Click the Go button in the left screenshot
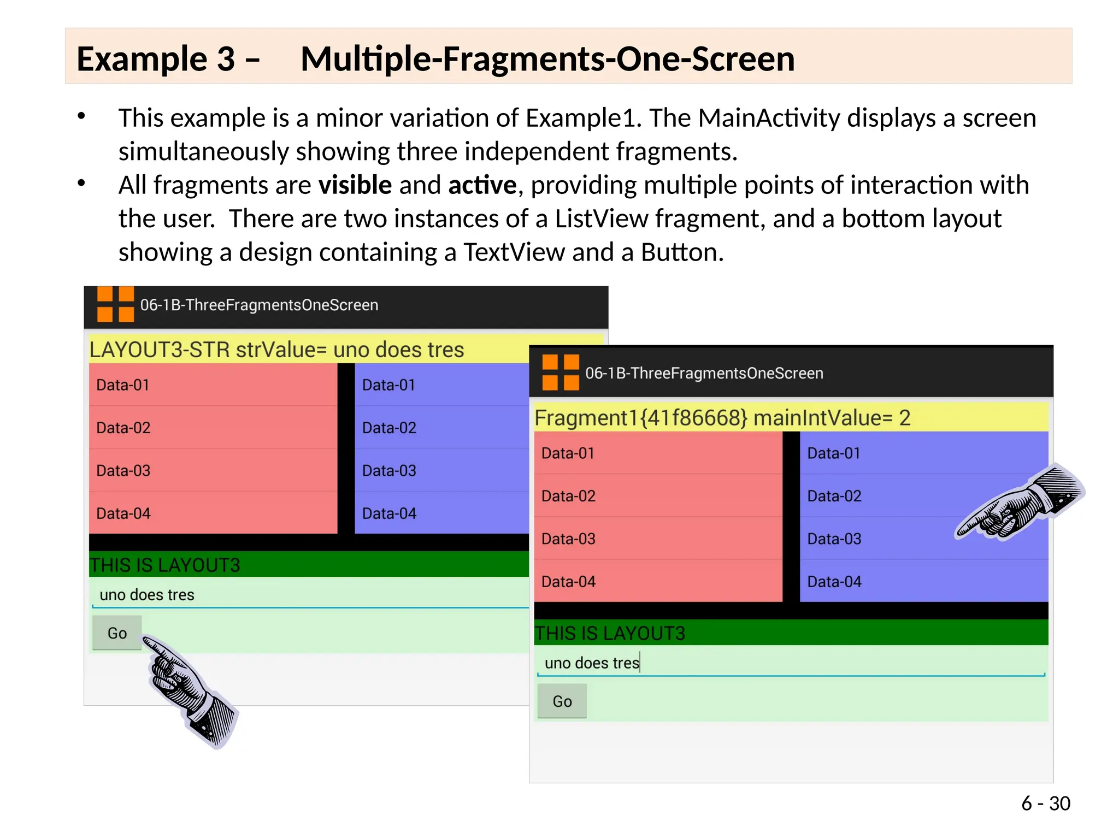(x=117, y=633)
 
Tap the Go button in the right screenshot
(x=562, y=701)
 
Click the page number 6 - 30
(x=1045, y=803)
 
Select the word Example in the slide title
(x=141, y=59)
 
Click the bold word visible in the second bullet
(x=355, y=185)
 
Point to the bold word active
(x=482, y=185)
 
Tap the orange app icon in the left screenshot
(x=115, y=304)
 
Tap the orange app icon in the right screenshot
(x=560, y=373)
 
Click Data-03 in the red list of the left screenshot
(x=123, y=470)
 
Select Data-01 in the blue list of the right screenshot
(x=834, y=453)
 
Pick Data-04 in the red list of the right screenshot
(x=568, y=582)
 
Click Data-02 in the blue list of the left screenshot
(x=389, y=428)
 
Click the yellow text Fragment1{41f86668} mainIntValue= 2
(x=722, y=418)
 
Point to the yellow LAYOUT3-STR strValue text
(x=276, y=350)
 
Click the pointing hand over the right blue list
(x=1019, y=503)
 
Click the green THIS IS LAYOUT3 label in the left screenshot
(x=165, y=565)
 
